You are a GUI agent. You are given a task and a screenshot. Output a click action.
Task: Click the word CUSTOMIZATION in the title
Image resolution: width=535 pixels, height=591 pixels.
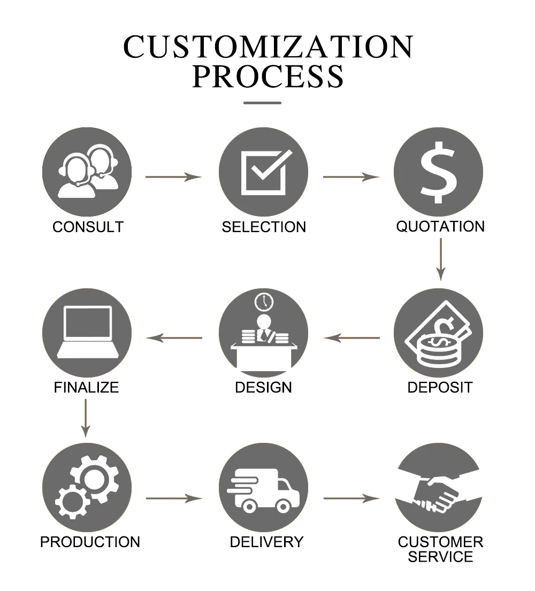(x=268, y=47)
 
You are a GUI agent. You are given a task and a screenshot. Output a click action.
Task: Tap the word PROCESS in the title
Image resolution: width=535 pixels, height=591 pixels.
(x=268, y=76)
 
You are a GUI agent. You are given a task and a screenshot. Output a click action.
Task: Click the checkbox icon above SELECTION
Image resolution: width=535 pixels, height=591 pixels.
(x=264, y=172)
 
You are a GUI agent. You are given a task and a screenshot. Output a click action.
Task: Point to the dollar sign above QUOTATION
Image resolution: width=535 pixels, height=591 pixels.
(x=439, y=172)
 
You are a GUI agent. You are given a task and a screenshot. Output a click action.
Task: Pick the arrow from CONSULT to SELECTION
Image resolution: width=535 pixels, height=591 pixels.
(x=173, y=176)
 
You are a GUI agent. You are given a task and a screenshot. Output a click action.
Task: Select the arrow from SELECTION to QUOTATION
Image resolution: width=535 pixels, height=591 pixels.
(x=351, y=176)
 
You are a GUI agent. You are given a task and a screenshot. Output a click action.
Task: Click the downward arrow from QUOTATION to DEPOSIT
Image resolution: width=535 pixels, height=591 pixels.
(x=440, y=259)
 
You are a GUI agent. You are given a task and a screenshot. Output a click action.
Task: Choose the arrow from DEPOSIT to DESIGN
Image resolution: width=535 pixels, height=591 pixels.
(x=351, y=337)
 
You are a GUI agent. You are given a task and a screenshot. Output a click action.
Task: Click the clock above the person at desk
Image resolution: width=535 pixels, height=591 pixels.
(x=264, y=301)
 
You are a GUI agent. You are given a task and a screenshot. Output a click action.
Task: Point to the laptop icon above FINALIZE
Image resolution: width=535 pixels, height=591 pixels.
(x=87, y=332)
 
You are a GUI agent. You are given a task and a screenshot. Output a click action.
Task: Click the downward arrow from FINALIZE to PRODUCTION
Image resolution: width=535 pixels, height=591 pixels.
(x=86, y=418)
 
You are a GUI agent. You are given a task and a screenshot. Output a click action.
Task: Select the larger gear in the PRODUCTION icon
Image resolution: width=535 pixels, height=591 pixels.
(x=95, y=478)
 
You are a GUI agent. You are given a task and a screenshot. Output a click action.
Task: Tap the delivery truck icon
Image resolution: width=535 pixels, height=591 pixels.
(x=262, y=490)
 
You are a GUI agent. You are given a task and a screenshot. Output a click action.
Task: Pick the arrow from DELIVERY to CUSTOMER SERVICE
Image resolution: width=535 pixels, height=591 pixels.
(x=351, y=498)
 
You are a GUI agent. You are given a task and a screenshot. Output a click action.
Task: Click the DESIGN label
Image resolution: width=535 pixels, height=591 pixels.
(x=264, y=387)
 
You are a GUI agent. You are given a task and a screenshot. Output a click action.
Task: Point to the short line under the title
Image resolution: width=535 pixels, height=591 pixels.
(x=262, y=103)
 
